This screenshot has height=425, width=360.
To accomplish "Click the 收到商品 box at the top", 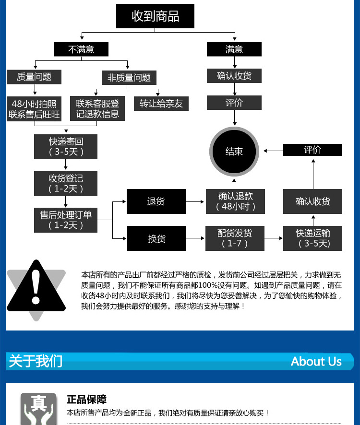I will [155, 16].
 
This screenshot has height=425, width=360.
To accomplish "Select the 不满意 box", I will [81, 49].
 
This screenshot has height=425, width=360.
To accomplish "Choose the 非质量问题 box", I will [129, 78].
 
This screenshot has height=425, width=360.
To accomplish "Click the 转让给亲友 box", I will [161, 104].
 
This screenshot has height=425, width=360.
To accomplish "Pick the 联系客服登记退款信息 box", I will [97, 109].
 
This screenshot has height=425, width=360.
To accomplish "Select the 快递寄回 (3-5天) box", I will [66, 146].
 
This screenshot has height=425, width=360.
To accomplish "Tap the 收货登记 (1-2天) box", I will [66, 183].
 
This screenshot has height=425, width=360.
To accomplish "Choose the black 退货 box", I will [156, 201].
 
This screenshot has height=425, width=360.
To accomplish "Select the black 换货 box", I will [156, 238].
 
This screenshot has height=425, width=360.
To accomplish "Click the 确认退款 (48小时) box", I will [235, 201].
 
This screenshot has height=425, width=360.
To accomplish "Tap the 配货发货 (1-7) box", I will [235, 238].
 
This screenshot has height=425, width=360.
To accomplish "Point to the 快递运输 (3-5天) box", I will [312, 238].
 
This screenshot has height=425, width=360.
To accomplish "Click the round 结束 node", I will [234, 151].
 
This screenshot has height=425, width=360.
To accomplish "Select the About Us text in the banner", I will [316, 362].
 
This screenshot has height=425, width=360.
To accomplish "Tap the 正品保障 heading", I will [86, 400].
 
